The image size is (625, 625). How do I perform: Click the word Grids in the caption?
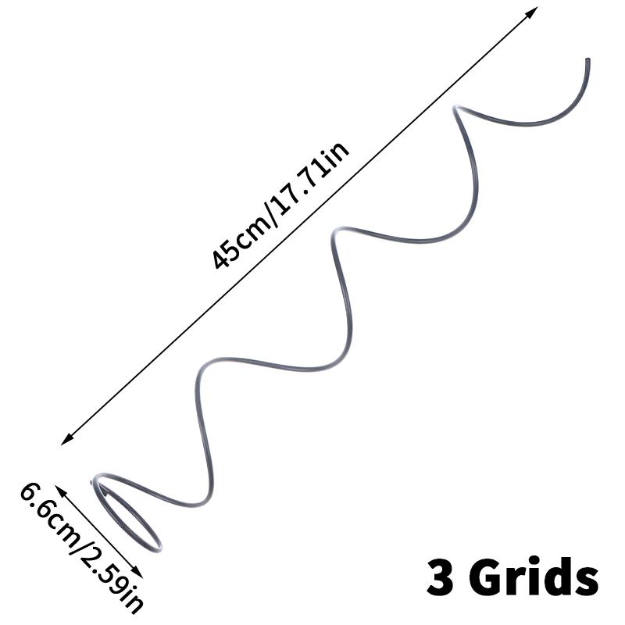(x=536, y=577)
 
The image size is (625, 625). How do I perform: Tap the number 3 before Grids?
(x=440, y=577)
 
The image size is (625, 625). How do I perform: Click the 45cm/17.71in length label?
(x=280, y=205)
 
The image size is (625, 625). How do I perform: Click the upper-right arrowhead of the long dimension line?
(x=532, y=13)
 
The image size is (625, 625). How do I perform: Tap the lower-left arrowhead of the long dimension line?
(x=67, y=439)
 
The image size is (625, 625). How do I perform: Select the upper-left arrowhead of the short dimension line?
(x=60, y=491)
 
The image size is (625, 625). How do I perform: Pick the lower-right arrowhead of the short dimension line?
(x=137, y=572)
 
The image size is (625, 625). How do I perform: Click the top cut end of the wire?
(x=587, y=61)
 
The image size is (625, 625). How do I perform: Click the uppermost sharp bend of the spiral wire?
(x=455, y=108)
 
